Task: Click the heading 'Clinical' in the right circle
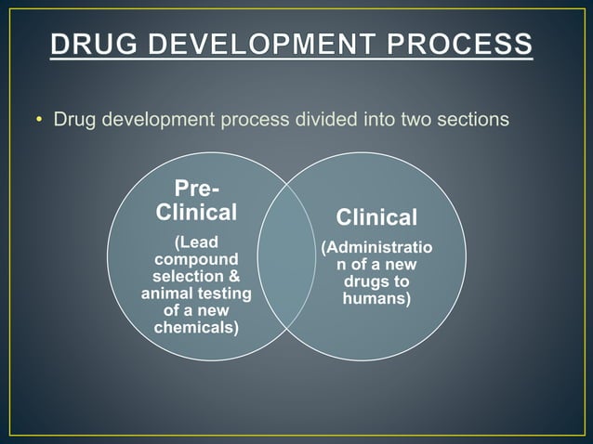(376, 217)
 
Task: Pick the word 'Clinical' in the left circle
(195, 212)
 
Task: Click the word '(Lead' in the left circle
(196, 242)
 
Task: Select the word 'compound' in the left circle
(195, 260)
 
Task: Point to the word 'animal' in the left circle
(167, 294)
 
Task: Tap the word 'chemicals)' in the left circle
(195, 329)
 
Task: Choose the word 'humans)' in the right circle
(376, 299)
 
